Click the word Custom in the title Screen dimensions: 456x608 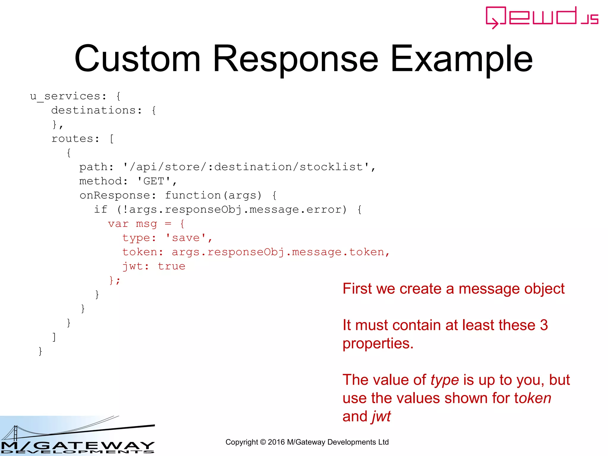click(x=137, y=58)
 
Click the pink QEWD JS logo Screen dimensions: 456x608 click(x=542, y=17)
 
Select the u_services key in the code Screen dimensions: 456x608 click(x=65, y=96)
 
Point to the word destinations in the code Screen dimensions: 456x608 click(x=93, y=110)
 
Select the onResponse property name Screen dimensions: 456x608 click(x=115, y=195)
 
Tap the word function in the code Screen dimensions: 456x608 click(x=193, y=195)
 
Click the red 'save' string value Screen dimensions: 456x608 click(x=186, y=238)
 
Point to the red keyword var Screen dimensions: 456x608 click(x=118, y=224)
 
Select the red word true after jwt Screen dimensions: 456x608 click(x=171, y=266)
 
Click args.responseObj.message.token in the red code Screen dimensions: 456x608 click(x=278, y=252)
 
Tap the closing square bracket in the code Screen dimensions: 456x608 click(x=54, y=337)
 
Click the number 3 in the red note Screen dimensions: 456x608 click(x=544, y=325)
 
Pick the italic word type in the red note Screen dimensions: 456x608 click(x=444, y=380)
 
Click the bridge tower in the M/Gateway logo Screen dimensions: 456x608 click(x=15, y=433)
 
